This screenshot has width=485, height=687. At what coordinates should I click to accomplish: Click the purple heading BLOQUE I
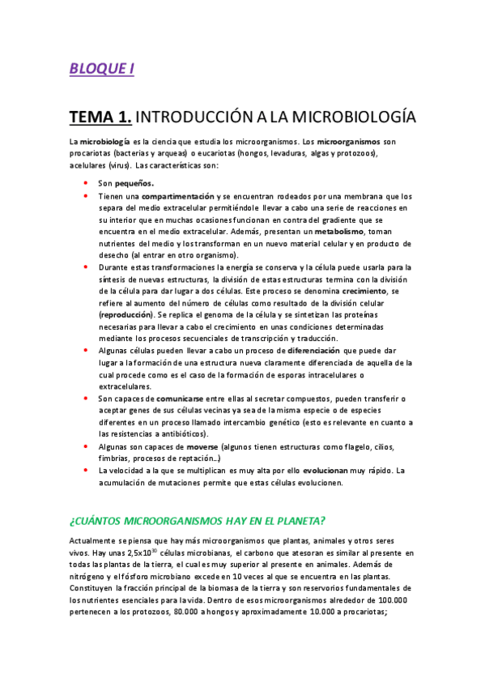[101, 69]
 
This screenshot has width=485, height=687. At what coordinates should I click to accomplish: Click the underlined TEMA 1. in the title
[100, 117]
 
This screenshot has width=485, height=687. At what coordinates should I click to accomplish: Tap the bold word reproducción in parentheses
[126, 313]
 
